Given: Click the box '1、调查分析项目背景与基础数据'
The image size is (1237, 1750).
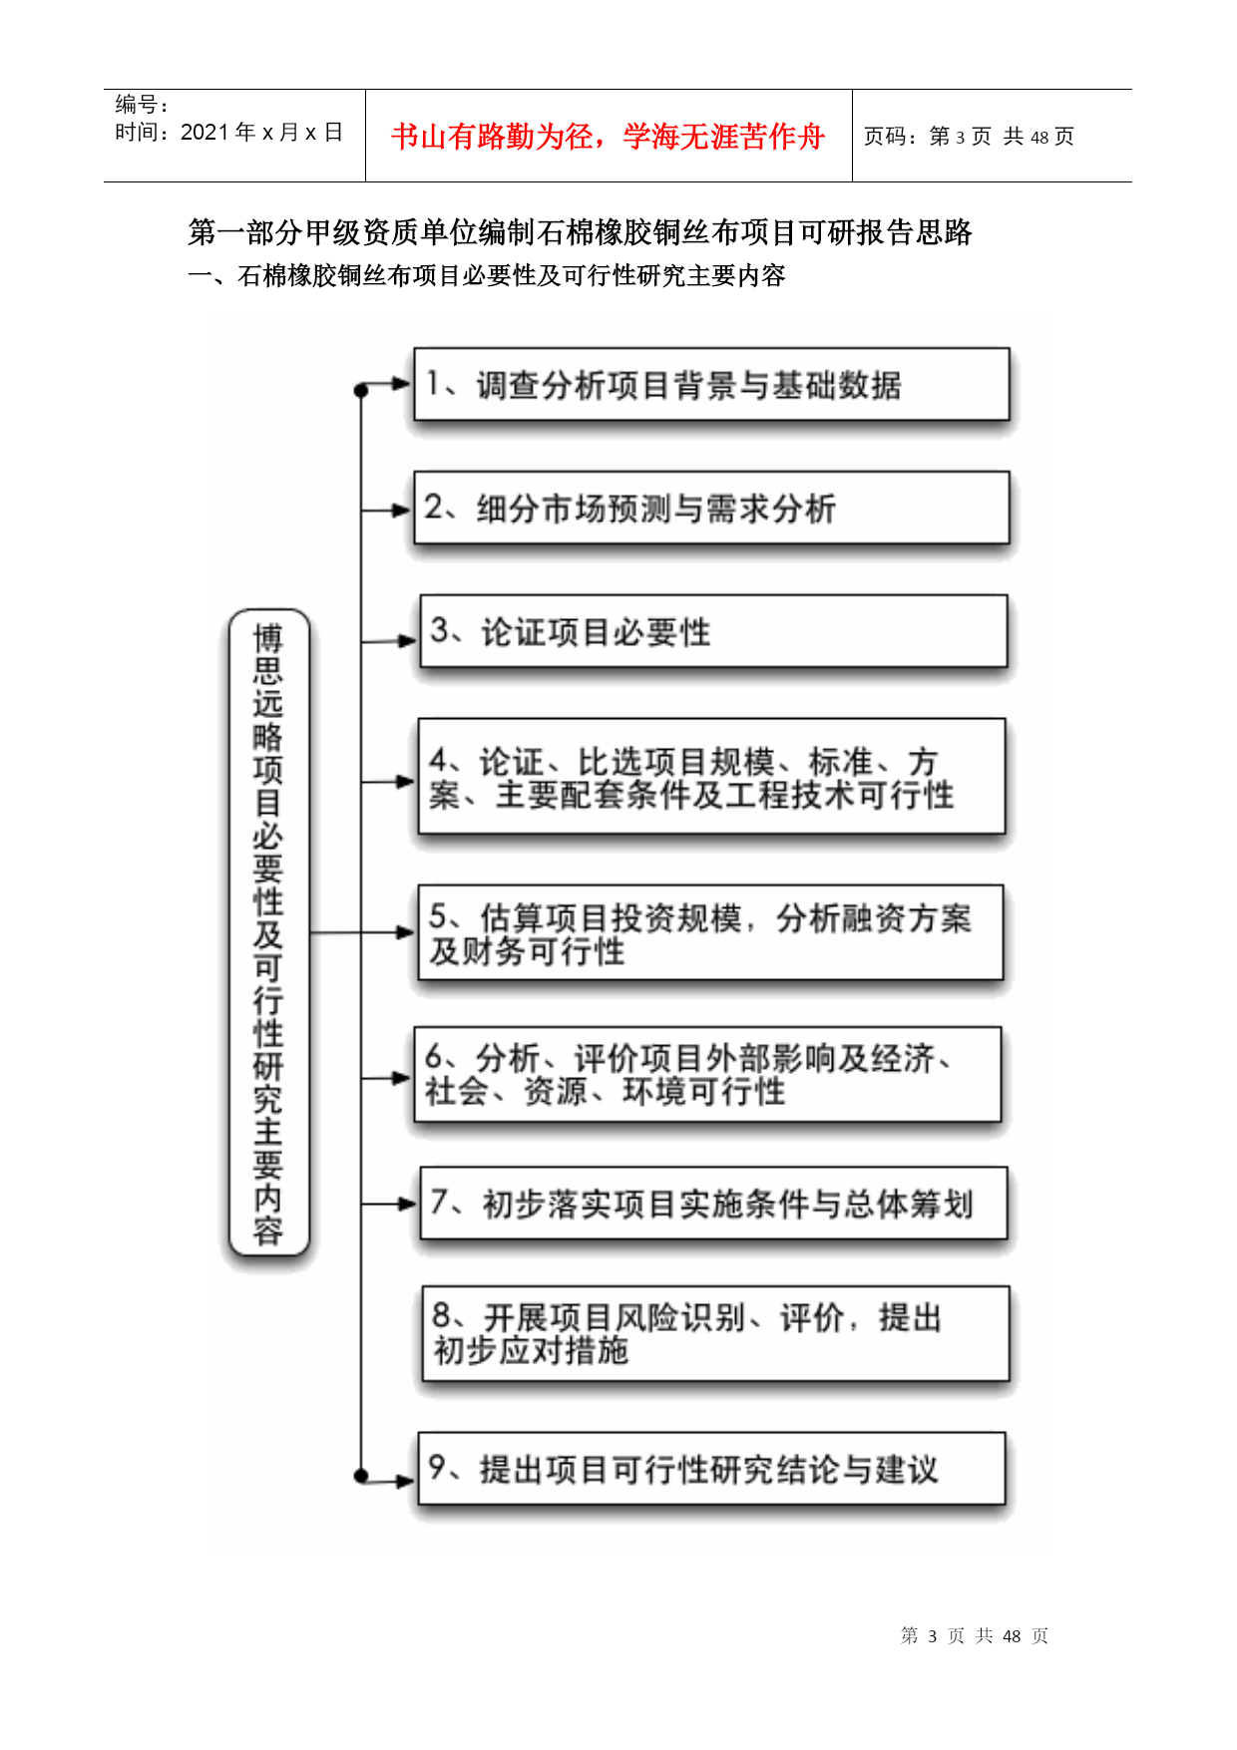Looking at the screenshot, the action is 711,384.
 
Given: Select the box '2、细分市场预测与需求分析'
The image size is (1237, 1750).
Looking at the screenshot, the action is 711,508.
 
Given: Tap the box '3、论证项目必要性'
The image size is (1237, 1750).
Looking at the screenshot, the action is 713,631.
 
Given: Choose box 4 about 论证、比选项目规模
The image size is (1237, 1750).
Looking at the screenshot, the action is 711,776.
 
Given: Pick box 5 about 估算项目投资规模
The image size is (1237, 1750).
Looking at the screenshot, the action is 710,932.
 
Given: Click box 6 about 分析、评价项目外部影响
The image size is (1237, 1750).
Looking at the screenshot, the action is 707,1074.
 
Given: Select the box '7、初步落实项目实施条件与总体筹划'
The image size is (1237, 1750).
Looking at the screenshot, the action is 713,1203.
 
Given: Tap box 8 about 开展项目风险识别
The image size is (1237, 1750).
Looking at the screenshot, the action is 715,1333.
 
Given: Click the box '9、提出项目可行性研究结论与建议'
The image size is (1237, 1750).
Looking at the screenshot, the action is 711,1468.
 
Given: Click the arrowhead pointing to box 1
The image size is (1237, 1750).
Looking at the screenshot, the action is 403,384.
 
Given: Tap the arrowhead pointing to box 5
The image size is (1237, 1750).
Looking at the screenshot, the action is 406,932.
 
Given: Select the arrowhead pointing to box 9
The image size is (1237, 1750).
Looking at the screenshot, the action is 405,1481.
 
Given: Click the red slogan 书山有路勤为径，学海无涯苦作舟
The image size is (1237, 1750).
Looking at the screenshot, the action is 609,137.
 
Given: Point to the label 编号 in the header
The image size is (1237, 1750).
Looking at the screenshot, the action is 137,104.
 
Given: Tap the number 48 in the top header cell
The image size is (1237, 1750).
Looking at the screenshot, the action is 1039,137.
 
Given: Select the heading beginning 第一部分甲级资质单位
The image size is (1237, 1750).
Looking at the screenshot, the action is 581,232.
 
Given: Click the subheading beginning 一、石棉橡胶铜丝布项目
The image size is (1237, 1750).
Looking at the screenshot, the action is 487,275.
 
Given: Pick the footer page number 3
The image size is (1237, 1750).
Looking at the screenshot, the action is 933,1635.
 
